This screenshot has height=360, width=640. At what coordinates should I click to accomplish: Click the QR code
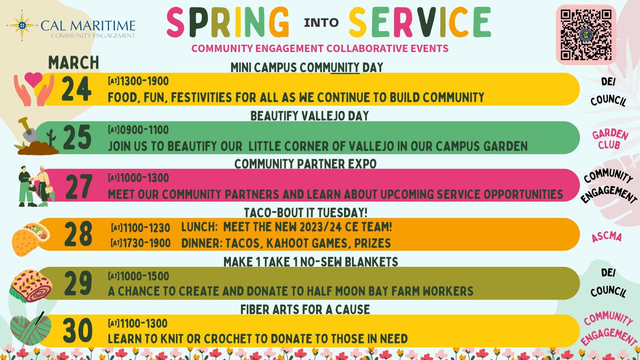[586, 35]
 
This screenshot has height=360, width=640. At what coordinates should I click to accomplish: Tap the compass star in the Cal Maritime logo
[22, 26]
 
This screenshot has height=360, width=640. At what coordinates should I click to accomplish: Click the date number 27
[79, 186]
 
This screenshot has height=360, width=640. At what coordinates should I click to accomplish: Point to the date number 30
[78, 330]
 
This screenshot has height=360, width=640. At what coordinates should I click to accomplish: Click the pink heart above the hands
[34, 80]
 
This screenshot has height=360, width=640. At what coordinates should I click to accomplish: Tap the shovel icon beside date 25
[28, 130]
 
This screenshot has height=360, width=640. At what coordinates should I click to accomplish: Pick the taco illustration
[31, 239]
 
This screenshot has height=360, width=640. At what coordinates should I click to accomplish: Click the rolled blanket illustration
[31, 286]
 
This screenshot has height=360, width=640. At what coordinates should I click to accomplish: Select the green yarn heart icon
[30, 328]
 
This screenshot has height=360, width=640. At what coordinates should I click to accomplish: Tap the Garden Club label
[610, 139]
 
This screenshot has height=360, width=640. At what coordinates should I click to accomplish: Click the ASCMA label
[606, 237]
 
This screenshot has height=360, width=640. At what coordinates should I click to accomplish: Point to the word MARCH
[74, 62]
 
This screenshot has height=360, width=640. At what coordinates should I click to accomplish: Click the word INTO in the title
[321, 23]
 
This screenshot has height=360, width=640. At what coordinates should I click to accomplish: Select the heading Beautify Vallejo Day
[310, 116]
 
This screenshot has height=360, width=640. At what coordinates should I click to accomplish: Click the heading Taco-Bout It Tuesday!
[306, 213]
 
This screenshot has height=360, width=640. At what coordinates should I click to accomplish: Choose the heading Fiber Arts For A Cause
[305, 310]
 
